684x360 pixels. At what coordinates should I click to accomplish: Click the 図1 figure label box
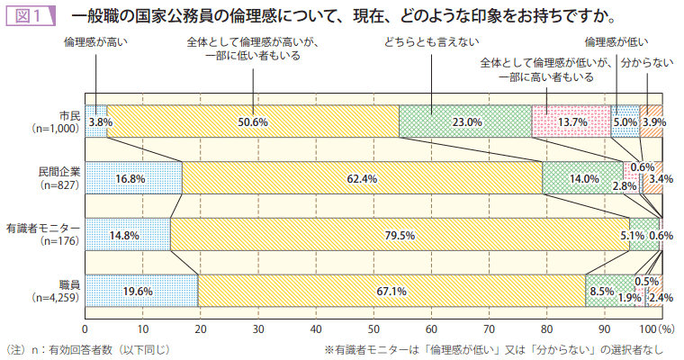click(30, 16)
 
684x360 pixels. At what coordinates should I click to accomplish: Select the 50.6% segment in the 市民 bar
click(253, 121)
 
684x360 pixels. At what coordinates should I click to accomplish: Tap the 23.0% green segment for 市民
click(465, 121)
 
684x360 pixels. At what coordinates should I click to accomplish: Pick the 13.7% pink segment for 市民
click(571, 121)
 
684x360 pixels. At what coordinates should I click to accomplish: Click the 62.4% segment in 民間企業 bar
click(362, 178)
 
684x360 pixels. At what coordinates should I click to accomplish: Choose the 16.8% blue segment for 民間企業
click(133, 178)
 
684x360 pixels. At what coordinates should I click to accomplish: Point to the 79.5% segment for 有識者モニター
click(399, 235)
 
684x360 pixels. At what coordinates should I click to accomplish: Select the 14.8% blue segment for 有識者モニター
click(127, 235)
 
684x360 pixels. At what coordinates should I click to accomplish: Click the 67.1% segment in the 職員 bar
click(391, 291)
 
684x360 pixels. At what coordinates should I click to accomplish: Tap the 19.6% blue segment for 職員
click(141, 291)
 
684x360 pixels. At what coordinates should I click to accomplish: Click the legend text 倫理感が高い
click(94, 41)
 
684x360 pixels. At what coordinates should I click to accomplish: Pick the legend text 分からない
click(647, 63)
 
